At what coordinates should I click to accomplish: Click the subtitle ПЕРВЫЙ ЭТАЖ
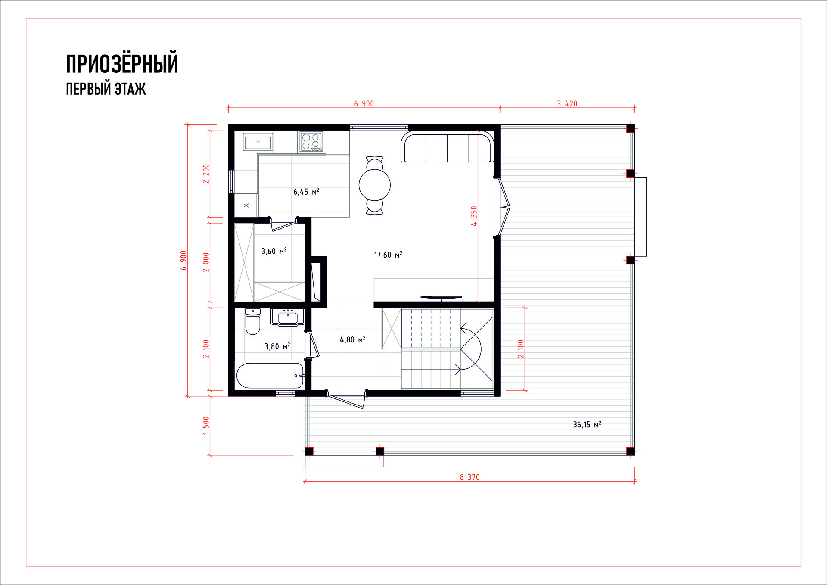pos(106,89)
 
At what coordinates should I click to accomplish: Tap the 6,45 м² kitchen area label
pos(306,191)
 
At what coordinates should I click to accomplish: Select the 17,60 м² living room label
pos(388,255)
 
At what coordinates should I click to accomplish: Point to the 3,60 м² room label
pos(274,251)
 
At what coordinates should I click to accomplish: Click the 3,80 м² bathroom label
pos(277,346)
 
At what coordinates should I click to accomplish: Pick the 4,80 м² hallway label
pos(353,339)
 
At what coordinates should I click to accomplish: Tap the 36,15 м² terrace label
pos(587,424)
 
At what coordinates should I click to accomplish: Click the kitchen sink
pos(258,142)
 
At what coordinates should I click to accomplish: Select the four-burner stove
pos(311,142)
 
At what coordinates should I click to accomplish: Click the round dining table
pos(375,185)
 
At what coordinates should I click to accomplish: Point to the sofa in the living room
pos(448,147)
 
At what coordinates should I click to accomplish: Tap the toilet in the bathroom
pos(253,321)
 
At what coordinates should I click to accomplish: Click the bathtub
pos(270,376)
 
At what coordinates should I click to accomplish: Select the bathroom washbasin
pos(288,317)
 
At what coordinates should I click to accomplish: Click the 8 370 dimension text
pos(469,477)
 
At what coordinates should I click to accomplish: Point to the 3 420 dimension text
pos(567,103)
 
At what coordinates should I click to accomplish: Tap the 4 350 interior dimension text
pos(474,216)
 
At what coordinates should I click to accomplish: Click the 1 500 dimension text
pos(206,426)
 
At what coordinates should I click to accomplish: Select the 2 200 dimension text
pos(206,174)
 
